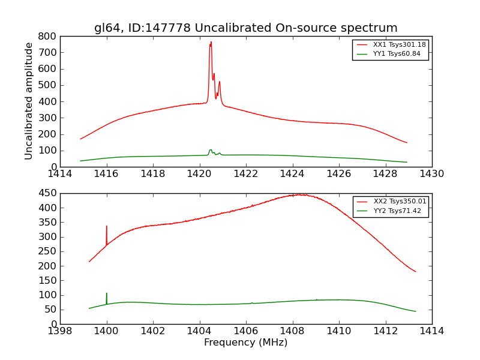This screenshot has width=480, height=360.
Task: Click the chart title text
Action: [245, 28]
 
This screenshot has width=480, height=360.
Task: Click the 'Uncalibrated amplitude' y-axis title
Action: [29, 101]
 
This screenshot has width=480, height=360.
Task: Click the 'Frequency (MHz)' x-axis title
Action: [245, 343]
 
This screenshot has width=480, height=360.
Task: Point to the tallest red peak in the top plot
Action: [211, 43]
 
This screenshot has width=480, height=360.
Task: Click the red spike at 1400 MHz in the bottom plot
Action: [107, 227]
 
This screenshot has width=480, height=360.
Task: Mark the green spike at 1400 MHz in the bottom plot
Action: [107, 295]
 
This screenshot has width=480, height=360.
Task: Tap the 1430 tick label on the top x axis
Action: [431, 174]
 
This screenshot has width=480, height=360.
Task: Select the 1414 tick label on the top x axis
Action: [60, 174]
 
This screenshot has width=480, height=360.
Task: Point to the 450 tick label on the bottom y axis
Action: [48, 193]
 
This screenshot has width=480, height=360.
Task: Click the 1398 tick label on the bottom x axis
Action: [60, 331]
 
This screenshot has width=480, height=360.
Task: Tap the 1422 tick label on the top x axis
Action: [246, 174]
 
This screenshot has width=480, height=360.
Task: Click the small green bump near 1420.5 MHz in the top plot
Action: [211, 150]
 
